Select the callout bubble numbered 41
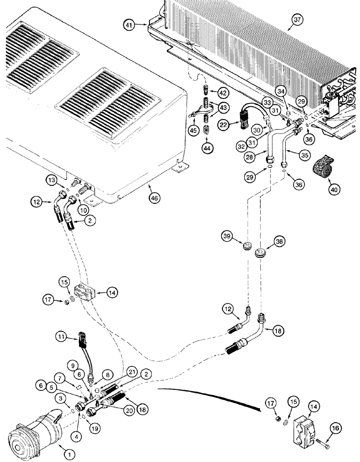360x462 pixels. point(131,25)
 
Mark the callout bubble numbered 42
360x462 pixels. point(223,93)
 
